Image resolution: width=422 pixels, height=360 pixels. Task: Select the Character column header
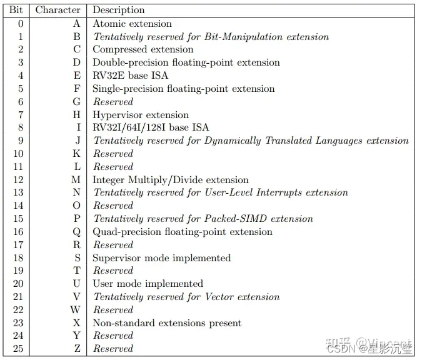(x=58, y=10)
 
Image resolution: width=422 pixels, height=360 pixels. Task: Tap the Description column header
(x=119, y=10)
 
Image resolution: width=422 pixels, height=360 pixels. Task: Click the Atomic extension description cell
(x=132, y=24)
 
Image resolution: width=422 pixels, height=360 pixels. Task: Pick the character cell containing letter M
(x=76, y=180)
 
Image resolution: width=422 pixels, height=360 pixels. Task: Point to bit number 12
(x=18, y=180)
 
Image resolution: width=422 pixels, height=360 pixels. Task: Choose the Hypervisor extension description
(x=141, y=115)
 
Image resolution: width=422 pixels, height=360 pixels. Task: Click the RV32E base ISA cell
(x=130, y=76)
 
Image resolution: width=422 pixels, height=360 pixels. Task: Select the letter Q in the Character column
(x=77, y=232)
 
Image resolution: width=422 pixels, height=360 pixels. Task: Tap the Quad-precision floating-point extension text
(x=183, y=232)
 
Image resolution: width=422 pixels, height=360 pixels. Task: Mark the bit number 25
(x=18, y=349)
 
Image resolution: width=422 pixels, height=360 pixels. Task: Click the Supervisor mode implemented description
(x=162, y=258)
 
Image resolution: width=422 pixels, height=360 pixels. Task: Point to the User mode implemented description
(x=148, y=284)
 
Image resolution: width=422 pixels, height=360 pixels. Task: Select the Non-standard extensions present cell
(x=167, y=323)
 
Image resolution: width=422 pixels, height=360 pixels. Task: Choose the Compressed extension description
(x=143, y=49)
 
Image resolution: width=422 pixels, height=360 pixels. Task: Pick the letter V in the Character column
(x=77, y=297)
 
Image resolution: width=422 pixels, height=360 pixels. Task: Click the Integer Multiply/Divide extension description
(x=171, y=180)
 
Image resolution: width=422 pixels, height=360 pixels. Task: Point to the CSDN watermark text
(x=343, y=347)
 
